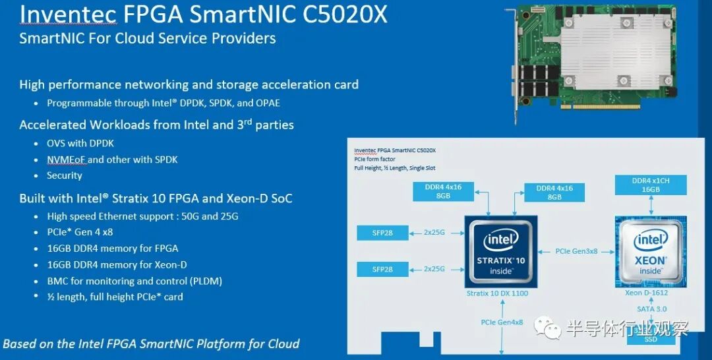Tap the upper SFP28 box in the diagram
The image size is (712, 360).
(382, 233)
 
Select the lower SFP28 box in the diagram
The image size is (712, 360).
(382, 269)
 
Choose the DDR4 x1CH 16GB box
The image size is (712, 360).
(651, 185)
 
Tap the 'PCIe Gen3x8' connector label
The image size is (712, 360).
(576, 251)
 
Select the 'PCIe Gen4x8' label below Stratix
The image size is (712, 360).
(501, 322)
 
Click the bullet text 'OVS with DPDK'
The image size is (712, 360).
(76, 143)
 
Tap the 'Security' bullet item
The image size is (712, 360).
(65, 175)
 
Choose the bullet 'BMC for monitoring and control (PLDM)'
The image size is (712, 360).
(134, 281)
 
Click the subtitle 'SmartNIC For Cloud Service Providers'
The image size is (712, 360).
(148, 38)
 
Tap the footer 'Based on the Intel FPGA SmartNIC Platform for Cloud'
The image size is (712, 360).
(151, 344)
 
